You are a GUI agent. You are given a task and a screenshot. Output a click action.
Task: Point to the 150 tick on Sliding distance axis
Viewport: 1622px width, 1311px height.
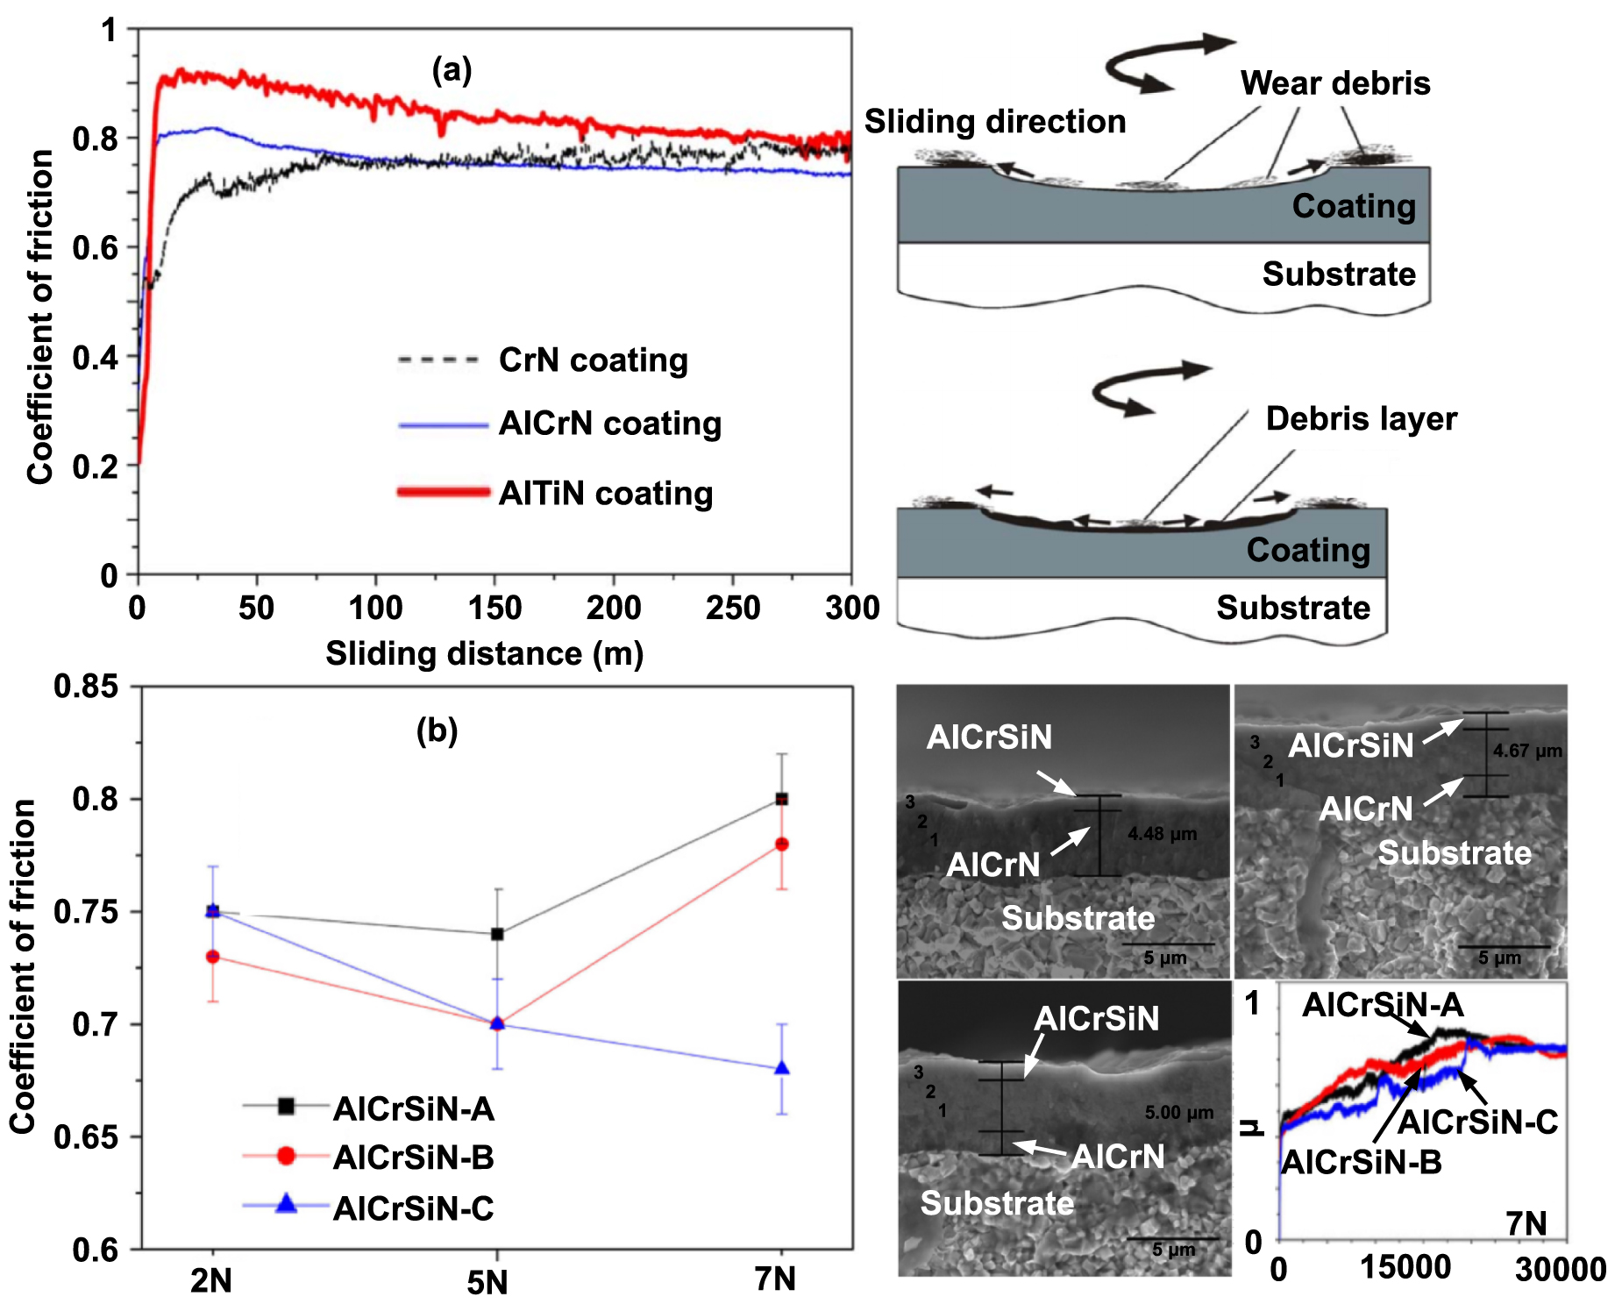494,608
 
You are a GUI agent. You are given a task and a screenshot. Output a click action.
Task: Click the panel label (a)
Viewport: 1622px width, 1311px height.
452,69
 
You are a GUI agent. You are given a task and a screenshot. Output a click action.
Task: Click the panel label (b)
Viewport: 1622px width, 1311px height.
437,730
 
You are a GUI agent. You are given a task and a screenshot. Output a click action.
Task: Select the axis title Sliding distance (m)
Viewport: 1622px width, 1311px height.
484,654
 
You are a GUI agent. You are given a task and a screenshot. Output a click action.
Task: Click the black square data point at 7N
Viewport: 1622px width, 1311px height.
782,799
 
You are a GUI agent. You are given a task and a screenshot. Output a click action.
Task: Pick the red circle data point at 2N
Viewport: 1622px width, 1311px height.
212,957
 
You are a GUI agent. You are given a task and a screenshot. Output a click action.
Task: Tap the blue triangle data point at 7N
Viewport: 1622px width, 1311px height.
782,1068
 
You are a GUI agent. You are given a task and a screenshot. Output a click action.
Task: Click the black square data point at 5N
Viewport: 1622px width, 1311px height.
497,934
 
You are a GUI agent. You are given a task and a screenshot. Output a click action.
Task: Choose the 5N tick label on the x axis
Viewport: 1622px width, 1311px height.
487,1283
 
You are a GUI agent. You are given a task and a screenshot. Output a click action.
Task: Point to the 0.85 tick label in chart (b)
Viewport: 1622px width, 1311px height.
86,687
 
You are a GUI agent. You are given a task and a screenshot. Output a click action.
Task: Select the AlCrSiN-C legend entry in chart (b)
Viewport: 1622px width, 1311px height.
413,1209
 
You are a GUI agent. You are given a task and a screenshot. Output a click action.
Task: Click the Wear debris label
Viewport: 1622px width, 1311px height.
1334,83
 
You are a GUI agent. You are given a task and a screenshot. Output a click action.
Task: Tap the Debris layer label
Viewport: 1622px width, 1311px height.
1361,419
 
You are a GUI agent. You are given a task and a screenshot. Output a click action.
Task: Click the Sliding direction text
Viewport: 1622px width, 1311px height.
994,122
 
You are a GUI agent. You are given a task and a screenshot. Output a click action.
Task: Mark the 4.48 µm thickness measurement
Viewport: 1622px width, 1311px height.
1162,834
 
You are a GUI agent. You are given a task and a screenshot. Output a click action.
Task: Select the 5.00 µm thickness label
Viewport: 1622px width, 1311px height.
1178,1113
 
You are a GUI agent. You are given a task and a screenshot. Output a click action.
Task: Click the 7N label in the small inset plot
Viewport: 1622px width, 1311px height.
1526,1223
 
